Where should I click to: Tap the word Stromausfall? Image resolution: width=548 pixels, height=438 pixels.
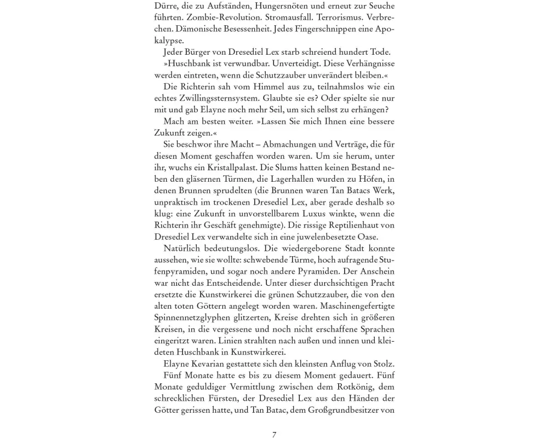270,18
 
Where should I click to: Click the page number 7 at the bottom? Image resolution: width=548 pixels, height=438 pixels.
274,435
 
